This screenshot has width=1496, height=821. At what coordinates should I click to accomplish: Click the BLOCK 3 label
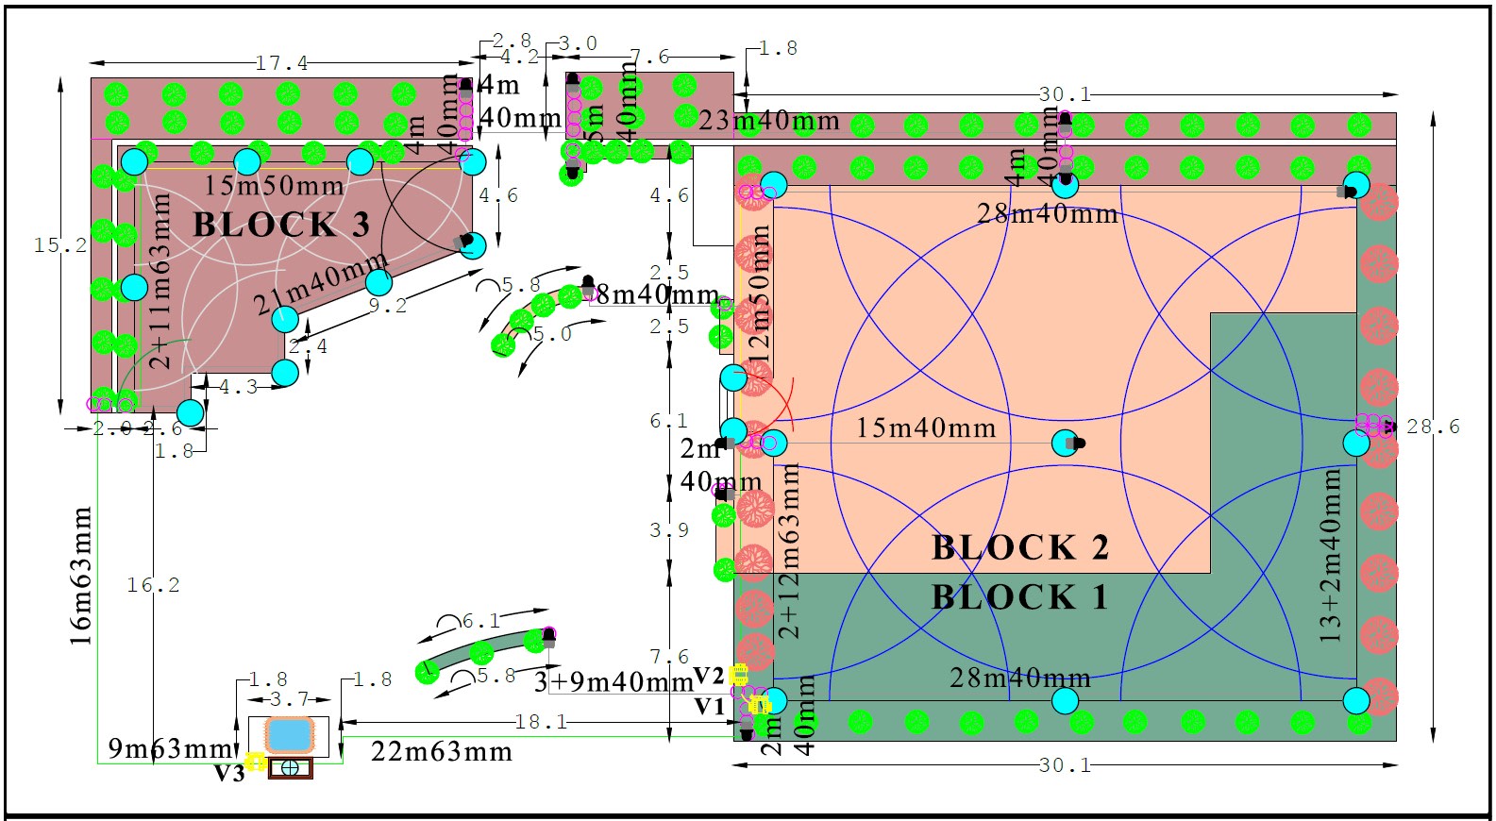[281, 226]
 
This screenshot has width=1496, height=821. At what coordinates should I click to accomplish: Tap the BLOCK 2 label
[1019, 548]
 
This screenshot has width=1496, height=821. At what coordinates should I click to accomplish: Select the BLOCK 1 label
[1019, 598]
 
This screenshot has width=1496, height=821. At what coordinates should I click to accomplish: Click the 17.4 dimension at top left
[281, 63]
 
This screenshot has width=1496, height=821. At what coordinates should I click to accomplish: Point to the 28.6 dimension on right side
[1433, 427]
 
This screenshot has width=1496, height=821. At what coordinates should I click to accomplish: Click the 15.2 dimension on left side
[60, 245]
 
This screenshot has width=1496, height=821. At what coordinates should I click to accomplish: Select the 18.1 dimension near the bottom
[541, 722]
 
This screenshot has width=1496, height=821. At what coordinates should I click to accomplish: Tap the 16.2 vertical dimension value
[153, 585]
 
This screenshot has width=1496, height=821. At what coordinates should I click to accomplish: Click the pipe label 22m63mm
[442, 752]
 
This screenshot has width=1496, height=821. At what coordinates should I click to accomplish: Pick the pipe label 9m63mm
[171, 748]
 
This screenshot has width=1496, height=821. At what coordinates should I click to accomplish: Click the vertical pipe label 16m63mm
[81, 577]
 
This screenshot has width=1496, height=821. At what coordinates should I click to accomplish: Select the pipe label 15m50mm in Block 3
[274, 185]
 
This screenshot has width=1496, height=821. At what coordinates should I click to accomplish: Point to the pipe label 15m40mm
[926, 428]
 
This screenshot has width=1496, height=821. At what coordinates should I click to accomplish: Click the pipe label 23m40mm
[769, 121]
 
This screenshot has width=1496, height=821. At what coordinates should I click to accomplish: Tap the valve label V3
[228, 774]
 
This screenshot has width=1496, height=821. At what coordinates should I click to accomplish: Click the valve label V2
[708, 676]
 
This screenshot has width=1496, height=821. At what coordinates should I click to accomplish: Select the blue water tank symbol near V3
[289, 734]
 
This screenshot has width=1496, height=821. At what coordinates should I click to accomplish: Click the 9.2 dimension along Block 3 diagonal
[387, 306]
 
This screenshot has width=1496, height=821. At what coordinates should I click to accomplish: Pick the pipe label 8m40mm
[657, 294]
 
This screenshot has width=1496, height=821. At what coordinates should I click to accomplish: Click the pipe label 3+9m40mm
[614, 681]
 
